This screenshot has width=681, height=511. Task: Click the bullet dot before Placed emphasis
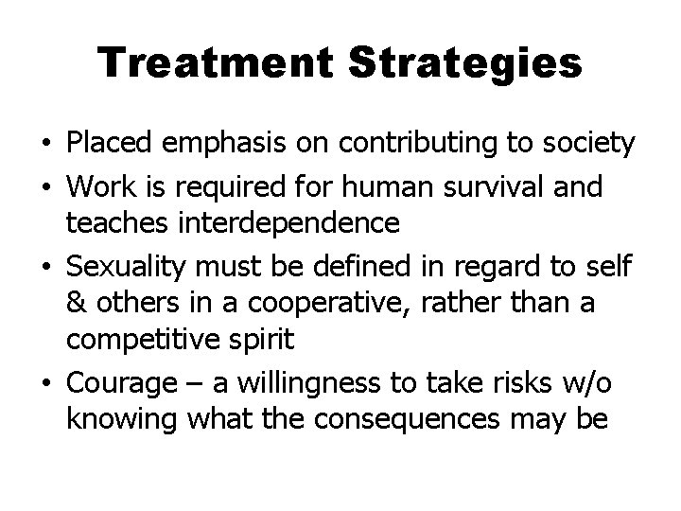(x=46, y=145)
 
